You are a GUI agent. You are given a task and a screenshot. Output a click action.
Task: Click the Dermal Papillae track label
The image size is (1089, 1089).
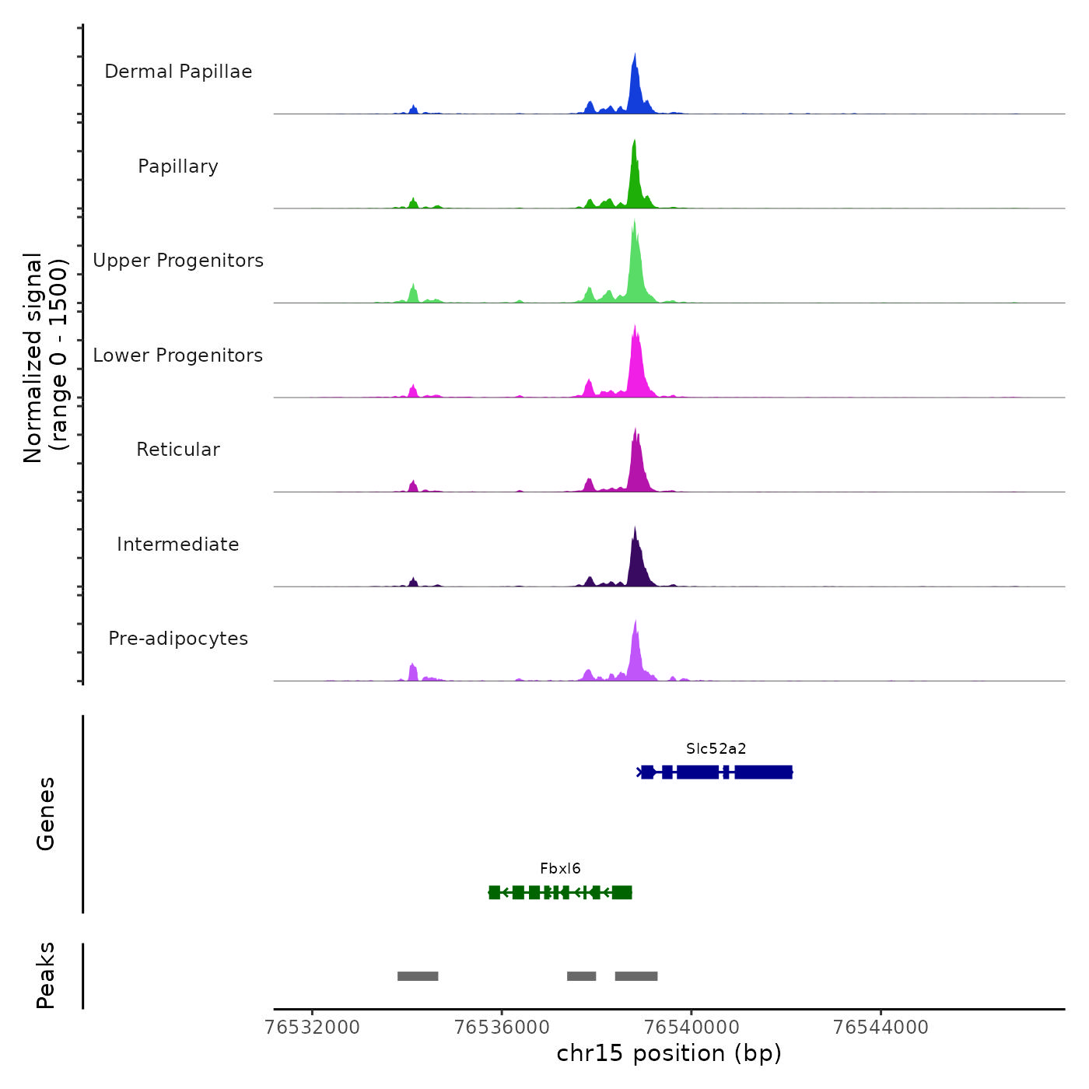(178, 72)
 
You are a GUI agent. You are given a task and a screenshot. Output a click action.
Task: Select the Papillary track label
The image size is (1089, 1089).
(178, 166)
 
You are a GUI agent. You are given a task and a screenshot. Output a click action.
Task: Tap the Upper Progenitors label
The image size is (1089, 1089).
(178, 261)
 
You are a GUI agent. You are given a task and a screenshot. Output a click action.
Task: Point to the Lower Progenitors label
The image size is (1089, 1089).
(178, 355)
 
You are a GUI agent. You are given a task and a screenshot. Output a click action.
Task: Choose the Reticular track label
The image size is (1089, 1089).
(178, 450)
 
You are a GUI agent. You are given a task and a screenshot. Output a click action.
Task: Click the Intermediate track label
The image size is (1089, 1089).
(178, 544)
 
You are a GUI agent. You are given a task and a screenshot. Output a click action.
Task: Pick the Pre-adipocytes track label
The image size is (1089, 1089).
(178, 639)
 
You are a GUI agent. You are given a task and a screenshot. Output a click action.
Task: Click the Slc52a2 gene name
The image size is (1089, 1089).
(716, 749)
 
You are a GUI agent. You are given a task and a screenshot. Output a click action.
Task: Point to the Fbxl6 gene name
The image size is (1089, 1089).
(560, 869)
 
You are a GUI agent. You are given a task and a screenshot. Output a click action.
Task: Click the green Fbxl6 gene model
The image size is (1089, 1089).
(560, 892)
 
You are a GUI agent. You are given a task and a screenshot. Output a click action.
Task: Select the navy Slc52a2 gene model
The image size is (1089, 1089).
(716, 772)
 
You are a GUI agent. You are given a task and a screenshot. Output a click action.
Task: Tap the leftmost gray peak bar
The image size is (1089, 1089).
(418, 976)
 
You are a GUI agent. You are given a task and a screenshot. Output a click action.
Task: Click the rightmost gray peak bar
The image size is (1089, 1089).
(636, 976)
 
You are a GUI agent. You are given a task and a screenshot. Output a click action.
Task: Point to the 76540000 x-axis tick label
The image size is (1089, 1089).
(692, 1028)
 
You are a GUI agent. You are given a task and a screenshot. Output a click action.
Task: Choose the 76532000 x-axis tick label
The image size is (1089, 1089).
(313, 1028)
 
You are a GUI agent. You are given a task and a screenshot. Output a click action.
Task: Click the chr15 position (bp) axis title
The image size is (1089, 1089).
(669, 1053)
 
